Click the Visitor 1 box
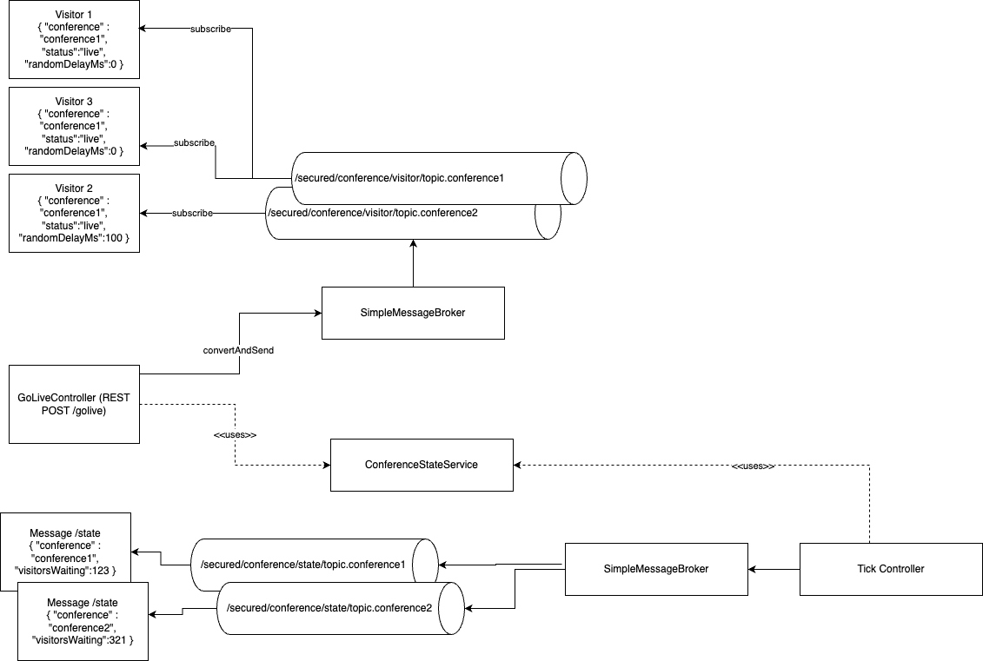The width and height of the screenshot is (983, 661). tap(74, 40)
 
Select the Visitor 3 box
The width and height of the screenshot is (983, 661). tap(74, 126)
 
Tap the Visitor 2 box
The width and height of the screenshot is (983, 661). tap(74, 213)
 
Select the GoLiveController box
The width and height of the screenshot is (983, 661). tap(74, 404)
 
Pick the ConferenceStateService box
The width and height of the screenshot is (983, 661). tap(422, 465)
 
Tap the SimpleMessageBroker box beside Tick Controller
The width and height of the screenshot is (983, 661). tap(655, 569)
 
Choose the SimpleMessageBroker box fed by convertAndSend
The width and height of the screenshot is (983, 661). tap(413, 313)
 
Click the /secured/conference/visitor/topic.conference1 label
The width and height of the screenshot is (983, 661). tap(400, 178)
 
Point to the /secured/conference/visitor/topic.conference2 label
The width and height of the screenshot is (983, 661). tap(373, 213)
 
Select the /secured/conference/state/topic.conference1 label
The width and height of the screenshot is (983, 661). tap(303, 565)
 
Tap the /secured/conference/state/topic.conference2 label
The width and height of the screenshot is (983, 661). tap(329, 607)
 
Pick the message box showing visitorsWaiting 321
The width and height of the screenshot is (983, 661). tap(83, 620)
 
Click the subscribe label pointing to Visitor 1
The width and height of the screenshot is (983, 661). tap(210, 29)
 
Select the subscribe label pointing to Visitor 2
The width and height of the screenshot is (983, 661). tap(192, 213)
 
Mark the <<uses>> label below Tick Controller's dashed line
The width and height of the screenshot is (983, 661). tap(753, 466)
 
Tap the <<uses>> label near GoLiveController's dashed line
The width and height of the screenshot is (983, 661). tap(235, 434)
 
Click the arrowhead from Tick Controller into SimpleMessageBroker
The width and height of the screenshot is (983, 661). tap(754, 569)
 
